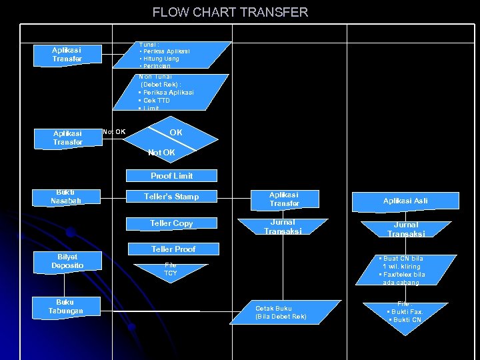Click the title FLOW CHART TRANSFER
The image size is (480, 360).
point(230,12)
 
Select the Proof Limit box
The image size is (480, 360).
point(171,176)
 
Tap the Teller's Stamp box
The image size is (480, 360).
point(171,197)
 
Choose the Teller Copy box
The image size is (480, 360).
point(171,223)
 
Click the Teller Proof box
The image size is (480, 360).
point(173,249)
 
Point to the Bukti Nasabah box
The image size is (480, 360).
point(66,197)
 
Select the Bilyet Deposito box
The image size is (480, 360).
point(67,261)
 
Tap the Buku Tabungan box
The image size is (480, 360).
point(66,307)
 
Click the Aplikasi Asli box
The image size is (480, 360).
point(405,201)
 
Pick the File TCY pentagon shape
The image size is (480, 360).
point(171,269)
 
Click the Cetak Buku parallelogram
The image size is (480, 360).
point(281,312)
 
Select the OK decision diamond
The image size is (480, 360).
point(175,133)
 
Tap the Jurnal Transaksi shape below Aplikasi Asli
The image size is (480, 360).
point(405,229)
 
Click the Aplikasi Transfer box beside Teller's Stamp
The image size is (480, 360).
point(285,199)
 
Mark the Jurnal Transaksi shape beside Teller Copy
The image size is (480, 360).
point(282,227)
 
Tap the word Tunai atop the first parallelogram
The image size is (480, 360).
point(147,44)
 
